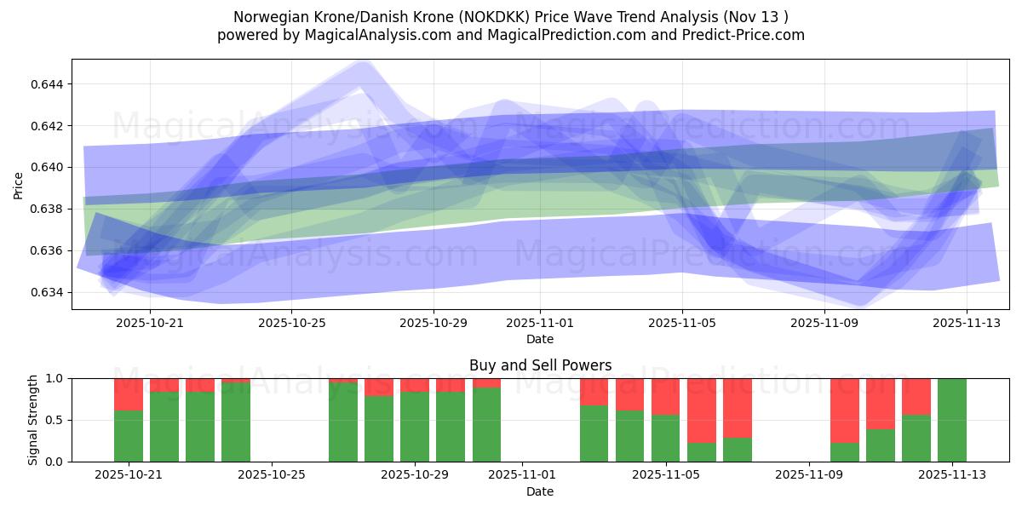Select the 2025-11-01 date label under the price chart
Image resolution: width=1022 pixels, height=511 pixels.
click(x=540, y=324)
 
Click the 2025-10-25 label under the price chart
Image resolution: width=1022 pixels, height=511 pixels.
click(x=292, y=324)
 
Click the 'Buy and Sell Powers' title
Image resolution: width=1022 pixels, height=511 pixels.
click(x=540, y=365)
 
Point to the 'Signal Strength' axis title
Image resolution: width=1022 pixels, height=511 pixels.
click(x=33, y=420)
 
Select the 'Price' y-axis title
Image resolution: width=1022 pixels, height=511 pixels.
click(x=19, y=185)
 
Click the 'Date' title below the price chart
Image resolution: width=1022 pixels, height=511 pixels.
click(x=540, y=339)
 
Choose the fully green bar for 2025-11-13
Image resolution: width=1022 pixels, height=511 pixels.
click(x=952, y=420)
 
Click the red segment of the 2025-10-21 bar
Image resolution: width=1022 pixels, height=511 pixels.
click(x=129, y=394)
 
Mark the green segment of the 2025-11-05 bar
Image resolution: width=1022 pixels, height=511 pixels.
click(x=665, y=438)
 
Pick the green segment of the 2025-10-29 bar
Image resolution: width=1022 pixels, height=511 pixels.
click(x=415, y=427)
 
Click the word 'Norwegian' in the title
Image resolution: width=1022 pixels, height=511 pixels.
click(x=265, y=17)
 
